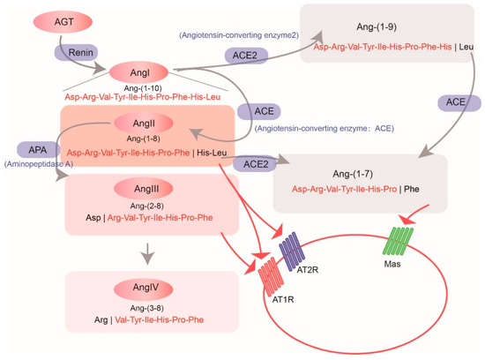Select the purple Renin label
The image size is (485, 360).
[x=79, y=54]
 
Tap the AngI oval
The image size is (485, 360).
[x=137, y=70]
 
